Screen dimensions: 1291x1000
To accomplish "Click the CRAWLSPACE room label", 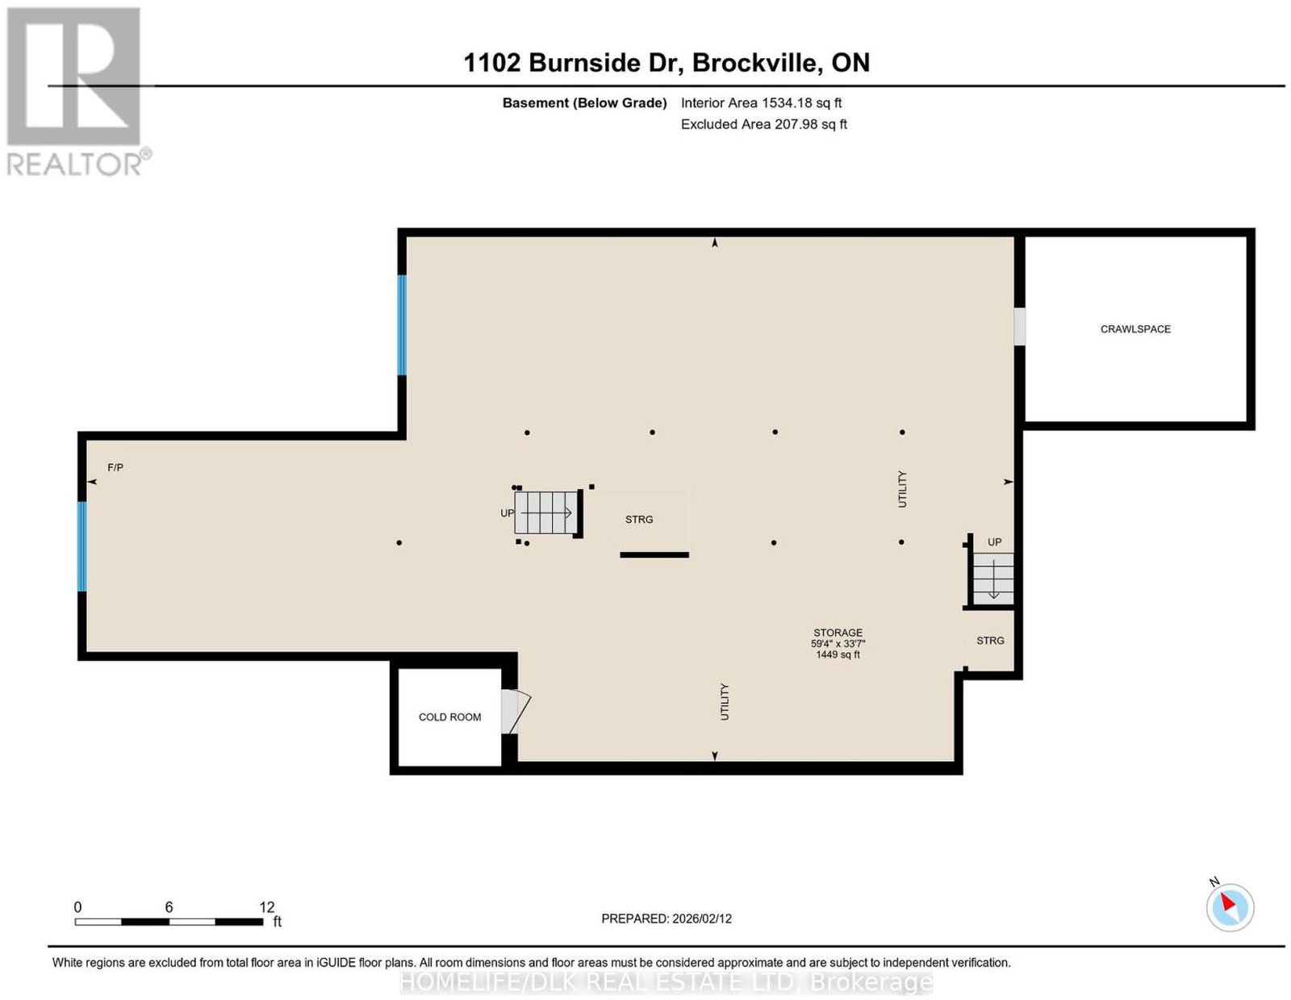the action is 1134,329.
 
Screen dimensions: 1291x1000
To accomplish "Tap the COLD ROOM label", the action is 449,718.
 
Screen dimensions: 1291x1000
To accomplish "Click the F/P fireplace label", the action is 115,467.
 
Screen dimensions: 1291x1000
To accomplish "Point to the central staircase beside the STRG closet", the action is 546,513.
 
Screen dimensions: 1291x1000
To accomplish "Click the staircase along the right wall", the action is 992,578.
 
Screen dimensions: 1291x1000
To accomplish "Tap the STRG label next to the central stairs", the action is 639,519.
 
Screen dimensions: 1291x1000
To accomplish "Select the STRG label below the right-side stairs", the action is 990,641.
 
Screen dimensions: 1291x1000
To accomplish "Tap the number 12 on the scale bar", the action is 267,906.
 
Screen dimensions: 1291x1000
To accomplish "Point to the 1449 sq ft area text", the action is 838,655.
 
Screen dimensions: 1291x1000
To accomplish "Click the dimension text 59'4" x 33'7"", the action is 838,643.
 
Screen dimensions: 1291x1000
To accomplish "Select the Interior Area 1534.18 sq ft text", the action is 761,103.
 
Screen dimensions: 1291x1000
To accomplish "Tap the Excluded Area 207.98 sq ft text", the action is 763,124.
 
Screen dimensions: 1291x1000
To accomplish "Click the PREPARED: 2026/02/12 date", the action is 666,918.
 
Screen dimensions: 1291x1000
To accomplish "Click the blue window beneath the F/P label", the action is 82,546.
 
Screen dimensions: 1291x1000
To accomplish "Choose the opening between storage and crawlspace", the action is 1020,326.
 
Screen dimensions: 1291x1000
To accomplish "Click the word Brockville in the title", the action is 758,62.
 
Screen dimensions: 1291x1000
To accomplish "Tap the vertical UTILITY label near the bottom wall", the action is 725,701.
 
